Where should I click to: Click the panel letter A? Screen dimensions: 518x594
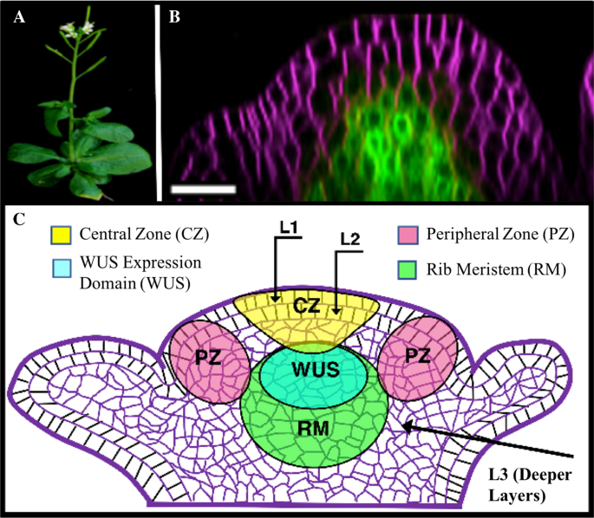(16, 16)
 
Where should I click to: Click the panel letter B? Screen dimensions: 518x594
(174, 16)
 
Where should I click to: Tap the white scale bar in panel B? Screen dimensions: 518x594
(203, 187)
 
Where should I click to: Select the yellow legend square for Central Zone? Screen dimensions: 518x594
(62, 235)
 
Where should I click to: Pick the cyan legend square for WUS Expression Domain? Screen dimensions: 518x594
(62, 264)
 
